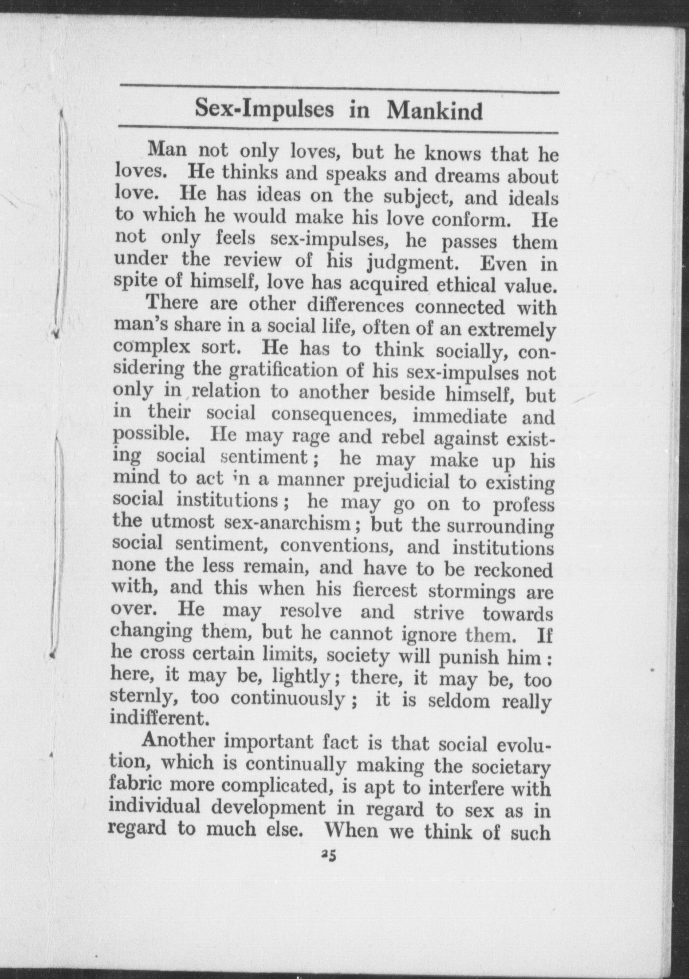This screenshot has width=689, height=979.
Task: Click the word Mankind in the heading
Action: [x=434, y=111]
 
